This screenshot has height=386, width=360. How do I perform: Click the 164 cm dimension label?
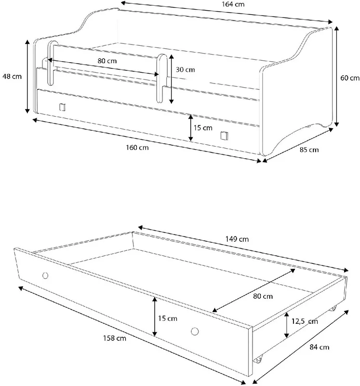[233, 4]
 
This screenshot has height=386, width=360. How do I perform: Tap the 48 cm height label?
[12, 76]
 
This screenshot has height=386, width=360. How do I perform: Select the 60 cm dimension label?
[350, 78]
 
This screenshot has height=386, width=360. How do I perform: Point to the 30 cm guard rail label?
[185, 69]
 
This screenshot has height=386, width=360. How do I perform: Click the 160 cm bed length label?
[137, 148]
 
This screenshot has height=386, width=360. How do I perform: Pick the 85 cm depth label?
[309, 150]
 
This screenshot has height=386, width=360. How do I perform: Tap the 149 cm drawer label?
[237, 239]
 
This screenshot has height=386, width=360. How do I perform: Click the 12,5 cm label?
[305, 321]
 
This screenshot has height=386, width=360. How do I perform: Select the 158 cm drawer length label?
[115, 338]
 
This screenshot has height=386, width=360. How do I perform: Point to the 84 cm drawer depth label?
[319, 347]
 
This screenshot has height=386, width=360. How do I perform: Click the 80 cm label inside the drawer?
[263, 296]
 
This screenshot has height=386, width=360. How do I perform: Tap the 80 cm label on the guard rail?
[107, 61]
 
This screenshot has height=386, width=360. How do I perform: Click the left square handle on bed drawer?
[63, 107]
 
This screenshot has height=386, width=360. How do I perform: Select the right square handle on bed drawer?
[224, 136]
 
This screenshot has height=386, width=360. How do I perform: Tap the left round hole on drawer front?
[45, 276]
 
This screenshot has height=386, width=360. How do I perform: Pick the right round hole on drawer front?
[195, 331]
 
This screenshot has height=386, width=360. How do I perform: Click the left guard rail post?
[51, 63]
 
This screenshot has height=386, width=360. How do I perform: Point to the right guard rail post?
[161, 78]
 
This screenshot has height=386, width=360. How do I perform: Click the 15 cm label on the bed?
[203, 128]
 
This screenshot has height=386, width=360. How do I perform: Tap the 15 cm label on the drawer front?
[167, 318]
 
